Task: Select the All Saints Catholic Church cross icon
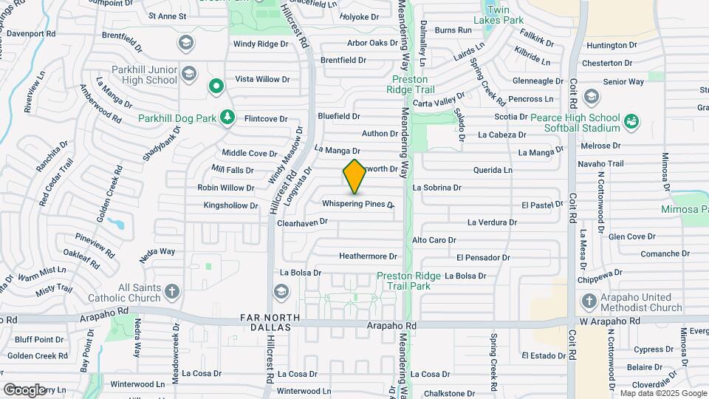(171, 290)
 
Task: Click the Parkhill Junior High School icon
(190, 73)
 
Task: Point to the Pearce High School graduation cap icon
(590, 96)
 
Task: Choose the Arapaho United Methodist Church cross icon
(589, 301)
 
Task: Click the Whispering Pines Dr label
(357, 203)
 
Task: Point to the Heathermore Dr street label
(368, 256)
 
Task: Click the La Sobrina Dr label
(436, 188)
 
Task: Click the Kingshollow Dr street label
(230, 205)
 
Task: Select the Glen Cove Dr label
(632, 236)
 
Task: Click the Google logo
(24, 389)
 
